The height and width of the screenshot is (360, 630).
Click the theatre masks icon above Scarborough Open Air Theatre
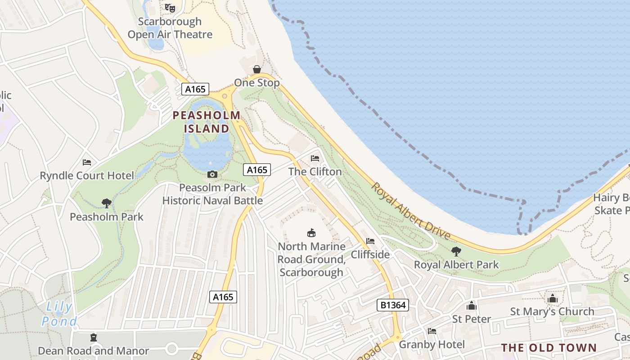pos(170,8)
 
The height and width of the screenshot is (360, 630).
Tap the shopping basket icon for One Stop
pos(256,69)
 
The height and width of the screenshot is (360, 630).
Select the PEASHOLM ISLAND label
pos(207,122)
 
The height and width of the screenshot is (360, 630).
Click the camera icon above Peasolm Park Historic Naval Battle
pos(212,174)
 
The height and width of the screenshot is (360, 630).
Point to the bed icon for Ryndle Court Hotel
pos(87,162)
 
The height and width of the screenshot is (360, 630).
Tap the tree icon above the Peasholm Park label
pos(107,203)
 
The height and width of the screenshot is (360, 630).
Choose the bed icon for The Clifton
pos(315,158)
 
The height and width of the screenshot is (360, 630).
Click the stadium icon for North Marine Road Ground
pos(311,233)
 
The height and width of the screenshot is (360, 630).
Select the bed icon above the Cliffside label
pos(370,241)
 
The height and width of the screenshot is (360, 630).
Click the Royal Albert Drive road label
pos(411,211)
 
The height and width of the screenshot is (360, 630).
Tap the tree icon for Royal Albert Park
pos(456,251)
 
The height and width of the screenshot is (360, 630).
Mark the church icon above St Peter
pos(472,306)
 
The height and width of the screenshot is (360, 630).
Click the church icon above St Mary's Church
pos(552,298)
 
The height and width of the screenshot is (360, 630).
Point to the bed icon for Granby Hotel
pos(432,331)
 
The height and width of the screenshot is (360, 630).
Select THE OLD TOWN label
pos(549,348)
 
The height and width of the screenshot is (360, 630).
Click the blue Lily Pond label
pos(59,314)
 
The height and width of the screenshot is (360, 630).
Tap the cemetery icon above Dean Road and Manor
pos(94,337)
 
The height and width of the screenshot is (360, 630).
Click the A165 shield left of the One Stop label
pos(196,89)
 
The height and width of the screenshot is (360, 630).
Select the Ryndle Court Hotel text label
pos(87,175)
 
